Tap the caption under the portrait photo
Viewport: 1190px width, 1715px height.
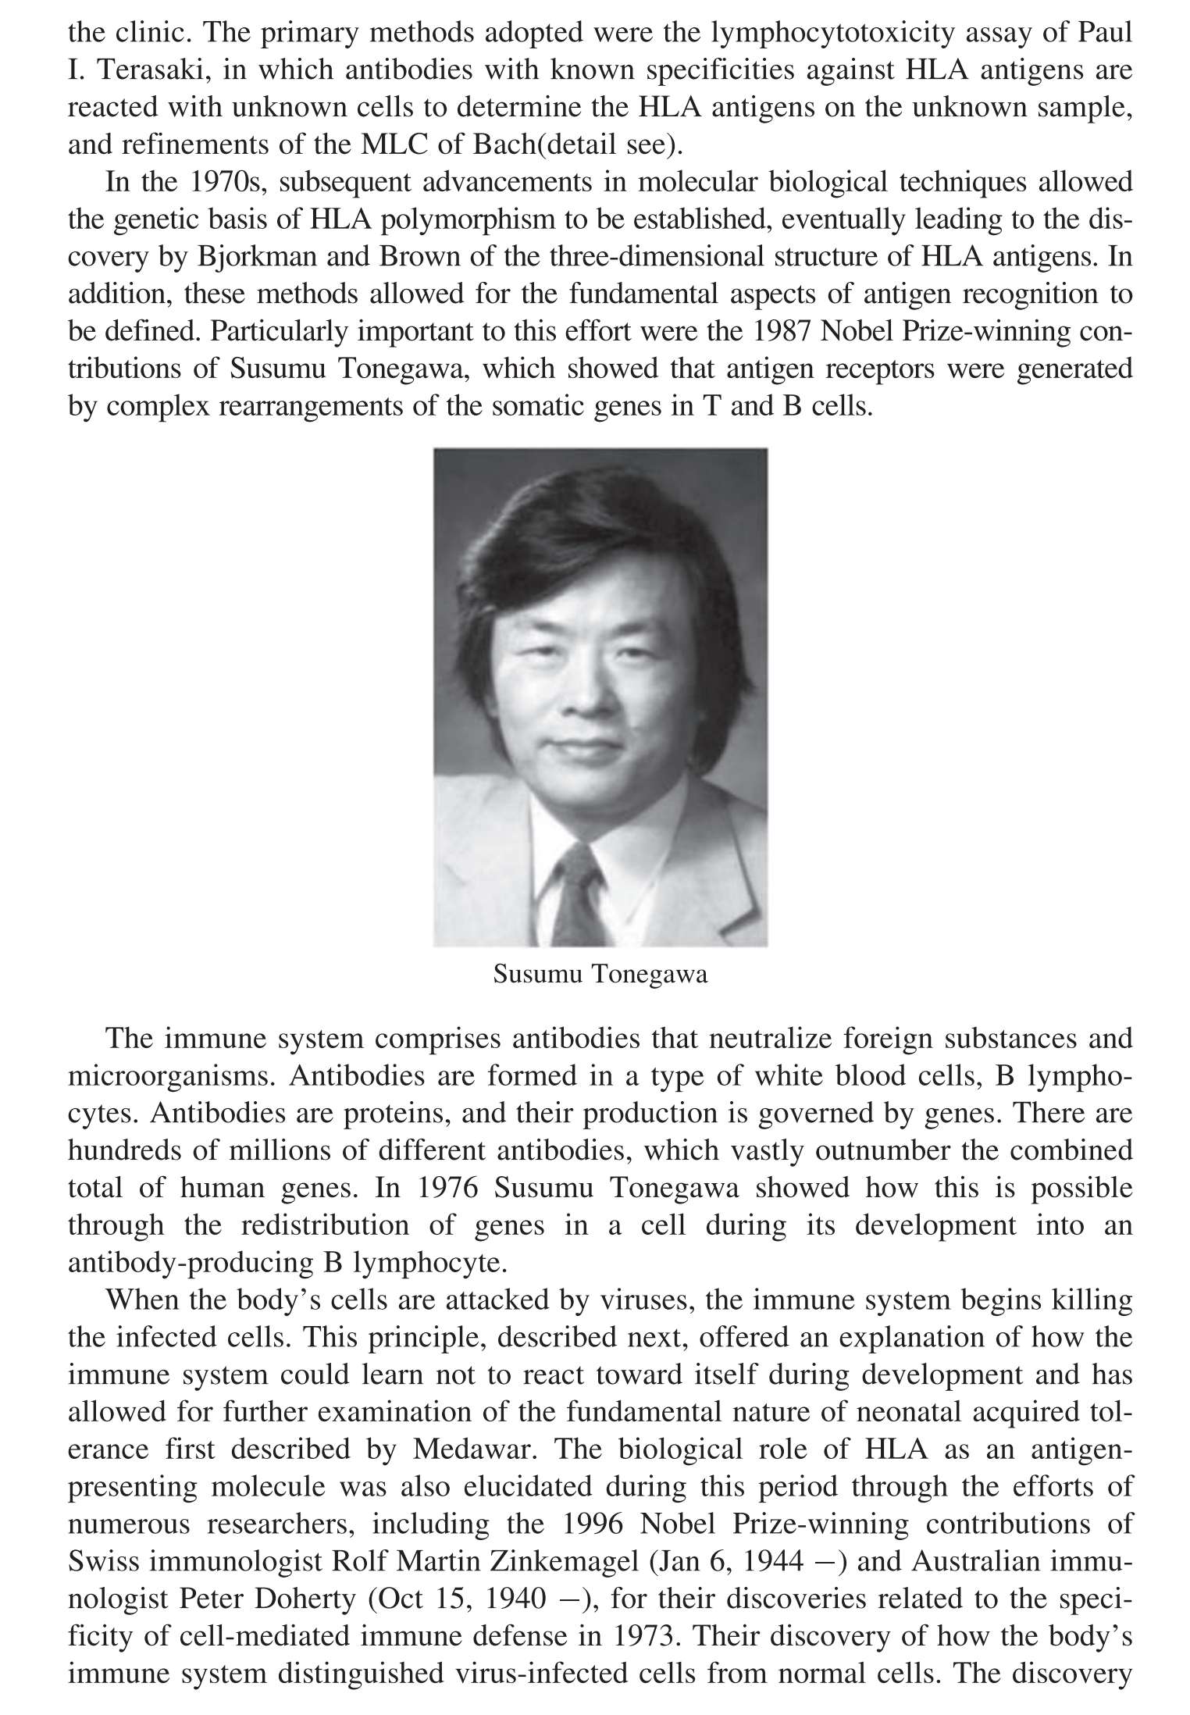(600, 975)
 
